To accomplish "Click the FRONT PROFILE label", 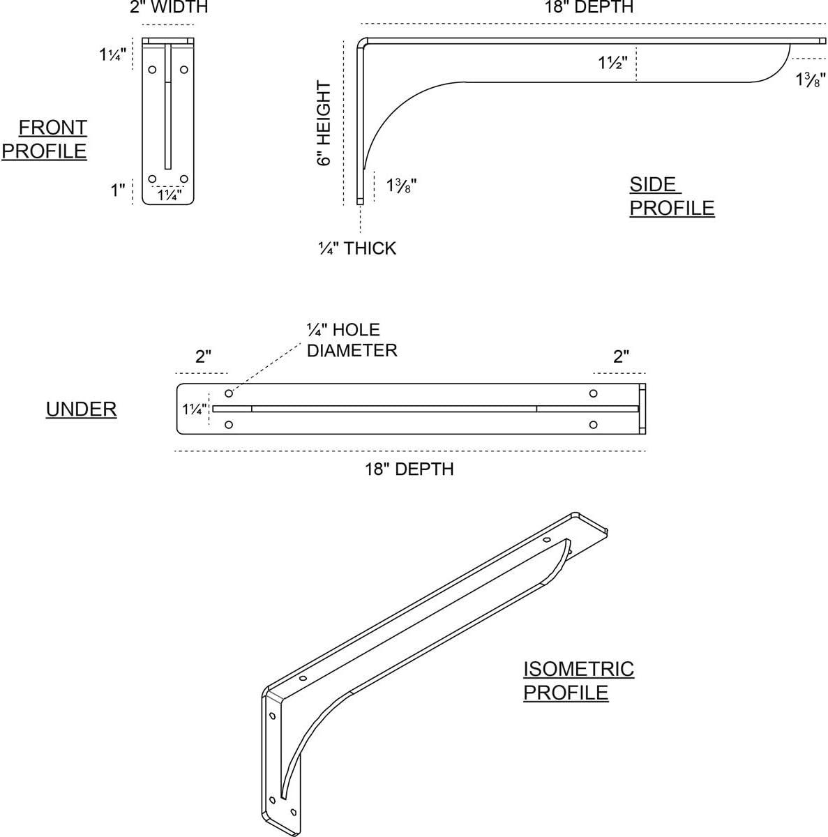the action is [x=45, y=139].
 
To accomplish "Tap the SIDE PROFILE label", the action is [x=672, y=196].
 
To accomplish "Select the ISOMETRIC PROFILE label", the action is [x=578, y=681].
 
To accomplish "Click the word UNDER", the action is [x=81, y=409].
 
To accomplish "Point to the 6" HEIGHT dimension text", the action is [x=324, y=123].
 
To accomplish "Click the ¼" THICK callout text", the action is [x=357, y=248].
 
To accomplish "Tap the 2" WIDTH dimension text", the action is [x=169, y=7].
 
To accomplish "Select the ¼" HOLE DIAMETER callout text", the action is [x=352, y=340].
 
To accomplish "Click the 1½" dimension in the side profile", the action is [x=612, y=63].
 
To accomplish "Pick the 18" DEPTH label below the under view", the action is [x=409, y=469].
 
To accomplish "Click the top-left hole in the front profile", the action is [x=153, y=70].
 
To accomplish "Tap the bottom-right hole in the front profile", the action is [x=184, y=179].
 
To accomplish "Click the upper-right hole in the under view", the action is [x=593, y=393].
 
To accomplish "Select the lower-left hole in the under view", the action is [x=229, y=424].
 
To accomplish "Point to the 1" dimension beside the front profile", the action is [x=117, y=190].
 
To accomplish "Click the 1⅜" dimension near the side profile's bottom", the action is [x=401, y=186].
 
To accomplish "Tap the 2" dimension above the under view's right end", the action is [x=621, y=356].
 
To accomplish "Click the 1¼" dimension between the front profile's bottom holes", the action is [x=169, y=195].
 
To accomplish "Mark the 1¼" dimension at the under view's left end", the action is [x=195, y=409].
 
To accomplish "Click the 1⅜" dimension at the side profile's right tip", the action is [x=811, y=80].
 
